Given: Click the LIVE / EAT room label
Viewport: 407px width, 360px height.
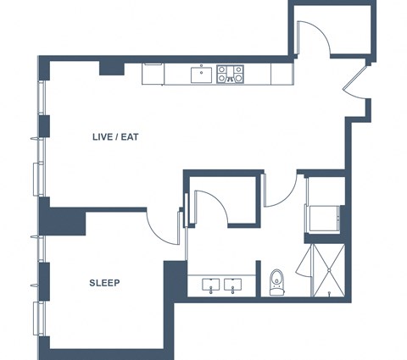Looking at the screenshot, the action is click(115, 137).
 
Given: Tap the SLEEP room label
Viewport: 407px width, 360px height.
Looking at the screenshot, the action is click(104, 283).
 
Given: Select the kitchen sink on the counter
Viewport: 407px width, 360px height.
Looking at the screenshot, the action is click(201, 75).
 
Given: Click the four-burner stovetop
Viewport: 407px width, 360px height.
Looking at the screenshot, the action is click(230, 74).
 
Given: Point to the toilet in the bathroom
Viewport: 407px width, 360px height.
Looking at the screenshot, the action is click(277, 282).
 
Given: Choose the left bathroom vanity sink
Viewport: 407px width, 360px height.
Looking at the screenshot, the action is click(211, 285).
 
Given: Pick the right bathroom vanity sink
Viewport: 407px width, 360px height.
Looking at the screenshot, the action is click(233, 285).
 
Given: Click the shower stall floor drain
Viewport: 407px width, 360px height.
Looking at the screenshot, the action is click(329, 270).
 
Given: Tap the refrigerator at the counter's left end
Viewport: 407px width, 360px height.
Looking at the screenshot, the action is click(153, 74).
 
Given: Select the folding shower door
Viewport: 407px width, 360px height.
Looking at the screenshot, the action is click(303, 261).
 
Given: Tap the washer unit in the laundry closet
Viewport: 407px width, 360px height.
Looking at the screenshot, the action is click(324, 219).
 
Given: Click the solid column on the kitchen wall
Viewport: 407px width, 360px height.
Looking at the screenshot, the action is click(112, 69).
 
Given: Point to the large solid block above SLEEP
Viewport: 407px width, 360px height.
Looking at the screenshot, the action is click(63, 221).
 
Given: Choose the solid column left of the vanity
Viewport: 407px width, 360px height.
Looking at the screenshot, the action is click(176, 279).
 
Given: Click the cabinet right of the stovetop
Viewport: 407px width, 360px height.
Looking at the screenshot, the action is click(282, 74).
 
